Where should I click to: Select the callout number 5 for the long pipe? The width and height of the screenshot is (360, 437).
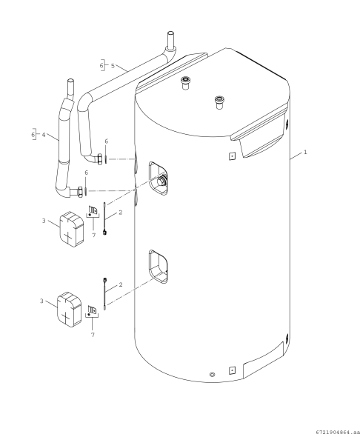[113, 66]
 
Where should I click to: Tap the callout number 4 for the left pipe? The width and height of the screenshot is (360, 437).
[44, 135]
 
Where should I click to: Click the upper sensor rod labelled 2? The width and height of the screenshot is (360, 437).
[105, 220]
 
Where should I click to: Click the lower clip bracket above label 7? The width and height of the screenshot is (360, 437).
[93, 310]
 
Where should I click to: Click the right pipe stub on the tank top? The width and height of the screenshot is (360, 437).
[219, 101]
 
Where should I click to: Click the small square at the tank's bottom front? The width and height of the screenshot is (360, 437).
[233, 369]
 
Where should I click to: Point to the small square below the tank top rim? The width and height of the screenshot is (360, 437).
[232, 156]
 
